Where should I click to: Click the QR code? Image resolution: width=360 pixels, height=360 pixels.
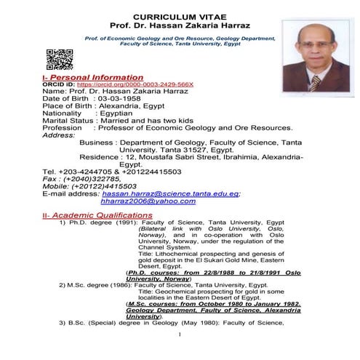(60, 59)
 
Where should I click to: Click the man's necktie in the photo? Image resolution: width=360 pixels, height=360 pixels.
(316, 81)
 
